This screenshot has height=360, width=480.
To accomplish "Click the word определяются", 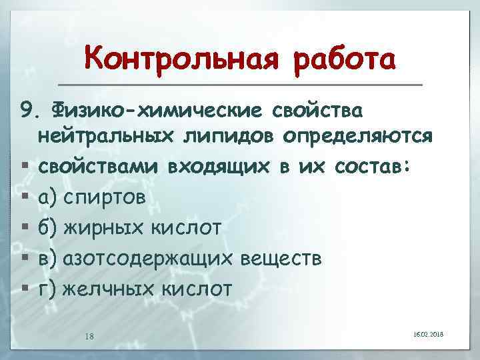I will pyautogui.click(x=359, y=137).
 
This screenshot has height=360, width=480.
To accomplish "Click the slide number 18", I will pyautogui.click(x=89, y=336).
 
